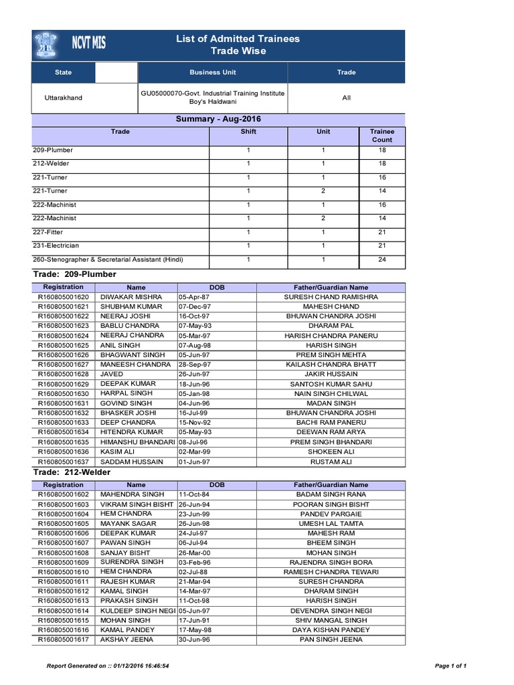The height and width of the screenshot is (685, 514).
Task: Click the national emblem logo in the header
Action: coord(48,45)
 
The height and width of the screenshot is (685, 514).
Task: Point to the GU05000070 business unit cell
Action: coord(212,98)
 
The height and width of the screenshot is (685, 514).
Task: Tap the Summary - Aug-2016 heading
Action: coord(218,119)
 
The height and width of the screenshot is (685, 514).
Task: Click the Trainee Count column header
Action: coord(381,136)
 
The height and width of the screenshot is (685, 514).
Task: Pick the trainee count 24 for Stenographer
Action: coord(381,260)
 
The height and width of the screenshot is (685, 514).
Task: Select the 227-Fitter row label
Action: coord(50,232)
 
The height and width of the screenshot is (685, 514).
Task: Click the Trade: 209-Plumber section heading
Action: coord(74,274)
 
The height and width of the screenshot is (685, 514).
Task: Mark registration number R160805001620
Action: coord(63,296)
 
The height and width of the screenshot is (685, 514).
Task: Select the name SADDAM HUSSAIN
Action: coord(131,462)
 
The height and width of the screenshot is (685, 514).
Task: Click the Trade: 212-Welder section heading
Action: coord(72,472)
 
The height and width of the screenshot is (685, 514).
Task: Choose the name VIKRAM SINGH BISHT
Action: coord(137,504)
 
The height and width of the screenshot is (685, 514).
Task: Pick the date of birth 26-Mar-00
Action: coord(194,553)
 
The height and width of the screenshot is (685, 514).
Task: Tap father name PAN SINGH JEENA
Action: coord(331,640)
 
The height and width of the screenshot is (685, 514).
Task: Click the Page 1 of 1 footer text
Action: coord(450,666)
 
